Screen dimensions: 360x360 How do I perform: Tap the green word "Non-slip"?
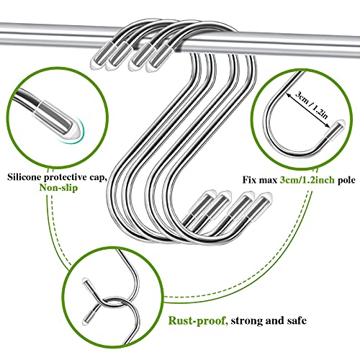58,187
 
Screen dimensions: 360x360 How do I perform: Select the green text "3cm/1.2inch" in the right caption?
307,180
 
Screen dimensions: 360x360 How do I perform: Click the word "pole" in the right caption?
346,180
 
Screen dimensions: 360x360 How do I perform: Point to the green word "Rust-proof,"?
198,320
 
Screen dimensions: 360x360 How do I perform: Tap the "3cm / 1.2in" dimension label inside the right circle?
311,105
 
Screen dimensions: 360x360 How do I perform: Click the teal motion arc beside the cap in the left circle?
81,132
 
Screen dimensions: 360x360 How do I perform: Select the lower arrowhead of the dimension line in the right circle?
328,125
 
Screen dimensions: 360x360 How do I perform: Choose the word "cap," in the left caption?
97,178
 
